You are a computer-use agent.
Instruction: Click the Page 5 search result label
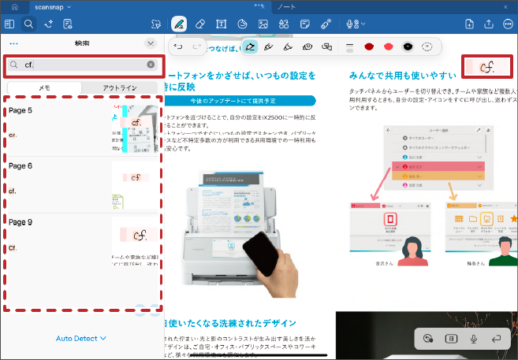tap(20, 110)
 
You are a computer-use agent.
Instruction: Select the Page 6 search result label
tap(20, 166)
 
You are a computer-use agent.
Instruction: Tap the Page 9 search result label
tap(20, 222)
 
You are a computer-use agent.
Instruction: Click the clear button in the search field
tap(151, 65)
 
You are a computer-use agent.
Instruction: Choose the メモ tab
tap(44, 88)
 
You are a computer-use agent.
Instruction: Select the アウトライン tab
tap(121, 88)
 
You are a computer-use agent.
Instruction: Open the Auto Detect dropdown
tap(81, 339)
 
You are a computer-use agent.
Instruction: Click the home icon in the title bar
tap(13, 6)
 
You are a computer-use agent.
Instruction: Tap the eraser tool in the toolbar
tap(199, 24)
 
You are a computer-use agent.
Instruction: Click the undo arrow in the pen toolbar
tap(177, 47)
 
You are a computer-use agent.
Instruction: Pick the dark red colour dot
tap(368, 47)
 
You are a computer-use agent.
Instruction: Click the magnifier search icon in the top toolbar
tap(28, 24)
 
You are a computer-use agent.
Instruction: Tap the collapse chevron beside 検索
tap(151, 43)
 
